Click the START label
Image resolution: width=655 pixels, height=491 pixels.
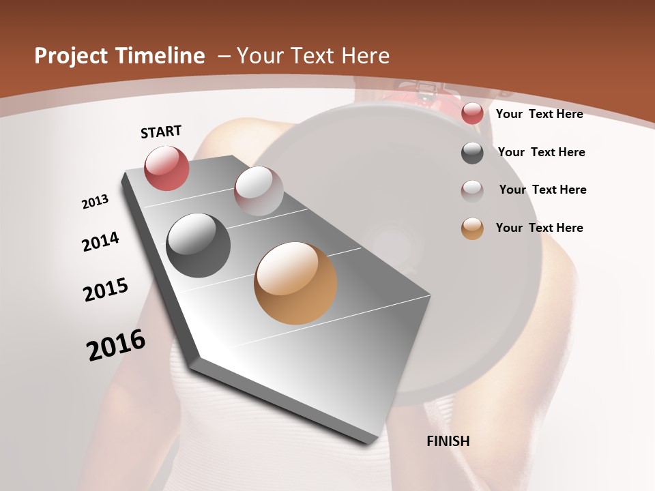pos(161,132)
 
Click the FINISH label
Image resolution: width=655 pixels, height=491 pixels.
pos(448,441)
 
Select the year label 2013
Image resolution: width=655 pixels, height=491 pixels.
pos(95,202)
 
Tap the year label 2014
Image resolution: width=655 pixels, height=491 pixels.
pos(101,241)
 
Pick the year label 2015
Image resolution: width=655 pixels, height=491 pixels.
pos(106,289)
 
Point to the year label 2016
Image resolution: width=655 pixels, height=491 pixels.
pos(116,345)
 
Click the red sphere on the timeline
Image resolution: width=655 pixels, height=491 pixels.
pos(166,168)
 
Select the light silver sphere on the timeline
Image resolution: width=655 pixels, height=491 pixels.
pos(259,190)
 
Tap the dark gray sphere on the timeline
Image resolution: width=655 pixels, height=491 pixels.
pos(198,245)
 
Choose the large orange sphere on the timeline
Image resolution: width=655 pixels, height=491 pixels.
pos(295,283)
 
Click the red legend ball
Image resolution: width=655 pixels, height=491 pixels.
pos(472,114)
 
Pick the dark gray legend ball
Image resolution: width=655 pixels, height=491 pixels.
pos(472,153)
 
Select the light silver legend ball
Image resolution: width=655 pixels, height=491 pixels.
pos(472,190)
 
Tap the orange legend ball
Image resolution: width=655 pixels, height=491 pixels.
pos(472,228)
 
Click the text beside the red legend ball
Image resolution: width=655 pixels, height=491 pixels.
pos(540,114)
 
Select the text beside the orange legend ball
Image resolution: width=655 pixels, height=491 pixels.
pos(540,228)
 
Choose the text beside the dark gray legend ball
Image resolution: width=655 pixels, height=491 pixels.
pos(542,152)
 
